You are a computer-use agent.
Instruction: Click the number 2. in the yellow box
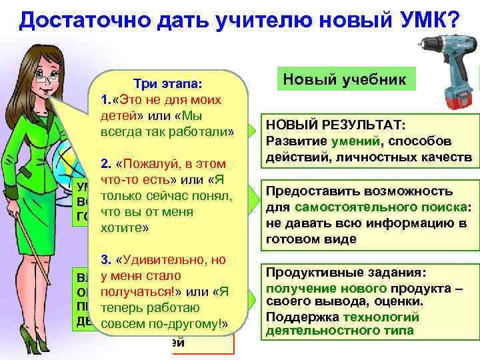105,164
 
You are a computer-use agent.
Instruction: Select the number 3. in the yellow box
105,260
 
